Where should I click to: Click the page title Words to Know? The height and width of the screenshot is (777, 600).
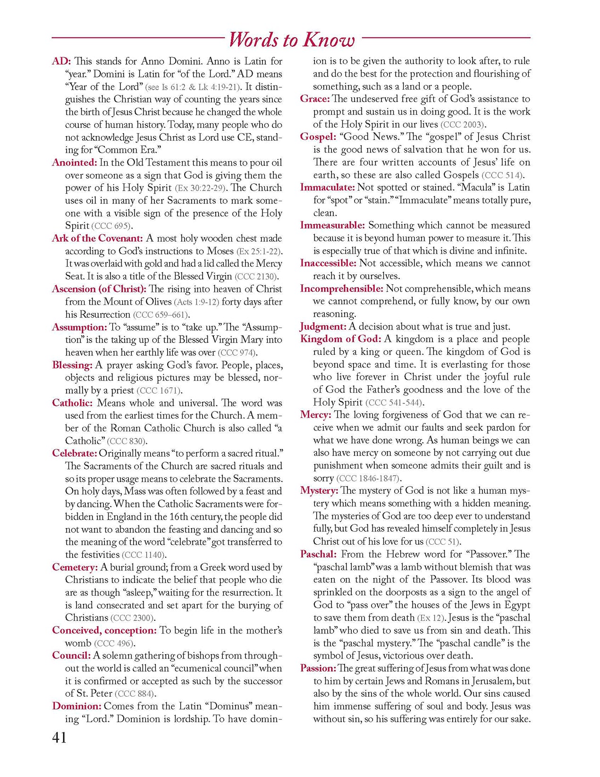click(x=291, y=40)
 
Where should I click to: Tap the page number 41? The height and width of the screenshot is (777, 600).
click(x=59, y=737)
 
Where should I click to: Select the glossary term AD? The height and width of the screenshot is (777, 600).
click(x=61, y=61)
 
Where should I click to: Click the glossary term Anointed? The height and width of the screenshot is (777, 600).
click(x=75, y=163)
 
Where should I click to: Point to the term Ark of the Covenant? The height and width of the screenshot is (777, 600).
click(x=97, y=238)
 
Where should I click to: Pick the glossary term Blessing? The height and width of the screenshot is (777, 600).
click(x=72, y=365)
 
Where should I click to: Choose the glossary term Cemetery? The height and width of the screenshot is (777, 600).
click(x=75, y=567)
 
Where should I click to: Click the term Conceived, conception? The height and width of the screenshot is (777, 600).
click(x=104, y=631)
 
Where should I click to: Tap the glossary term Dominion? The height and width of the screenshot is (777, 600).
click(x=77, y=706)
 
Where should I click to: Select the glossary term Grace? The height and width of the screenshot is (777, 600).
click(x=315, y=99)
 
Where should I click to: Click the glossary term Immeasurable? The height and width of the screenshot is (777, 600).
click(x=332, y=225)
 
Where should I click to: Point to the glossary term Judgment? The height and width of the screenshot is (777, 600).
click(x=323, y=327)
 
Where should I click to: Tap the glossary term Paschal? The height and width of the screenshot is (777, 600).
click(x=319, y=554)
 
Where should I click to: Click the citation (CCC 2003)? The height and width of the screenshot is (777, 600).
click(x=463, y=125)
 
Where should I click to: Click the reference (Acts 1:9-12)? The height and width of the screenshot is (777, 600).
click(x=196, y=302)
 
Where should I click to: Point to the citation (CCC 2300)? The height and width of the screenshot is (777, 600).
click(x=133, y=618)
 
